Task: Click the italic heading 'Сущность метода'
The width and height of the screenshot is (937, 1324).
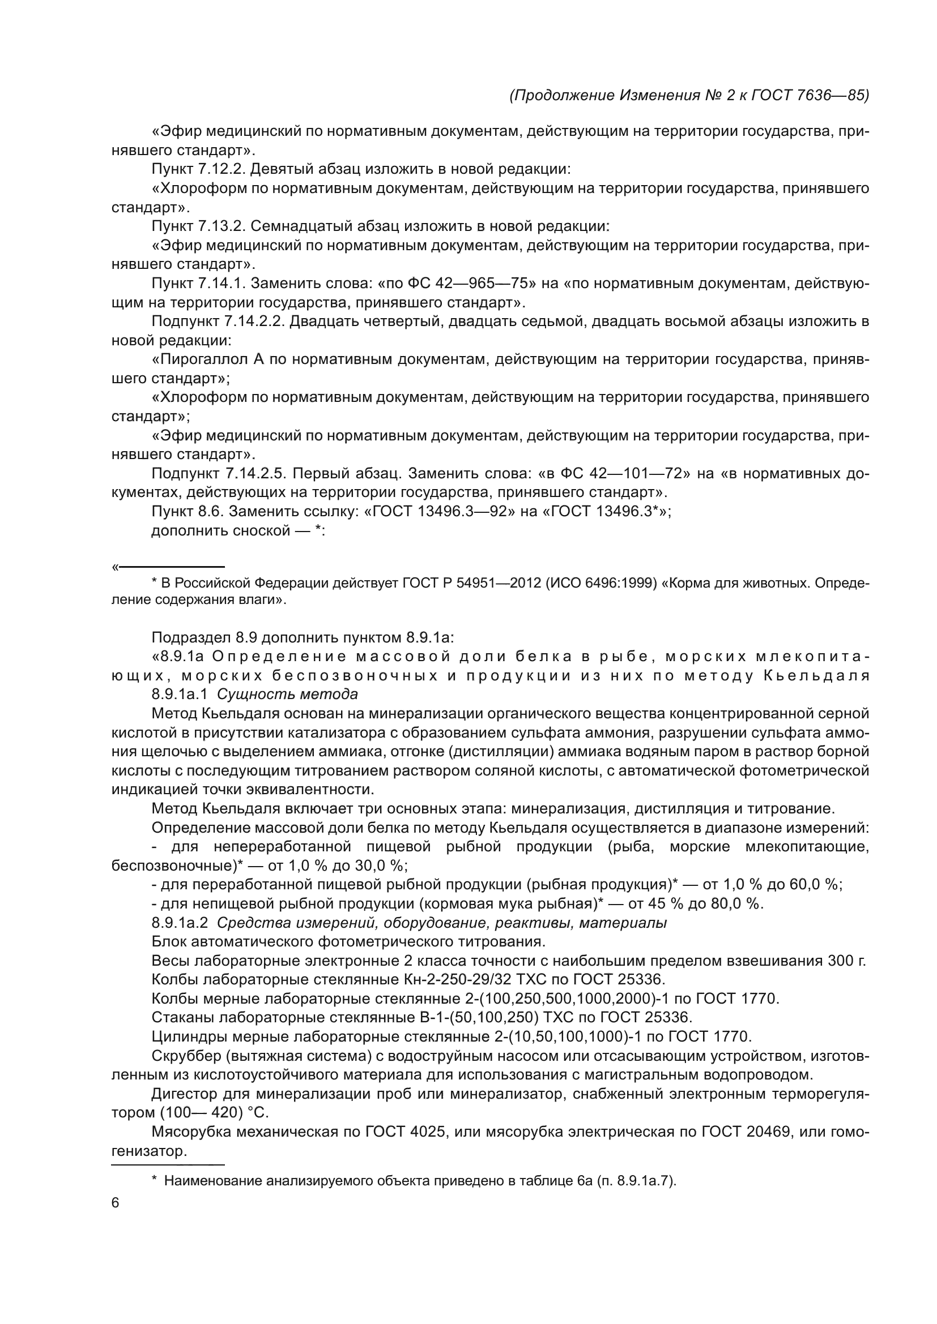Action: [287, 694]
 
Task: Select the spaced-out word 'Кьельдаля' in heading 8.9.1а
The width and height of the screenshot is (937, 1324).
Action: [816, 675]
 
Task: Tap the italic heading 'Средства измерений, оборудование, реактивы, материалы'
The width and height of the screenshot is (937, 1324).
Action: [441, 923]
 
